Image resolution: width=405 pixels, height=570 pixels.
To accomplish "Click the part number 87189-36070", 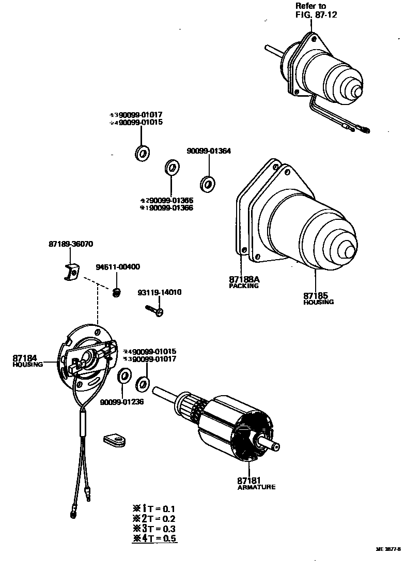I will coord(71,244).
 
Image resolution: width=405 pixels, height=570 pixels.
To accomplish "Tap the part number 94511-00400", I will coord(118,267).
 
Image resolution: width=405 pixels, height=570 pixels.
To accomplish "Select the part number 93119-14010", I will coord(159,292).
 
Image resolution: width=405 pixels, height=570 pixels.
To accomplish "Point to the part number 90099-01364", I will coord(209,151).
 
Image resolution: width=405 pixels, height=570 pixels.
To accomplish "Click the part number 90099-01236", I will coord(122,402).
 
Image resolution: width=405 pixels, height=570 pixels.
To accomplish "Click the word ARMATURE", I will coord(256,487).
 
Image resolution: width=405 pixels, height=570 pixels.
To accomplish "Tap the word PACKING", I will coord(244,286).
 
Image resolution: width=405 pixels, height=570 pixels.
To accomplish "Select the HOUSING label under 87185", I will coord(319,302).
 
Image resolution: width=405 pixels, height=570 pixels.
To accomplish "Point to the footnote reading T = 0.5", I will coord(154,538).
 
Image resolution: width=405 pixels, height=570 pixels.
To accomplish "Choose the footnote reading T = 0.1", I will coord(154,508).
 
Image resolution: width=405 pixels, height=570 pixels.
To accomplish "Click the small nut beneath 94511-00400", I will coord(117,293).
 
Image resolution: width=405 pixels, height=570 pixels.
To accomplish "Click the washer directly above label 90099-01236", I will coord(124,376).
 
